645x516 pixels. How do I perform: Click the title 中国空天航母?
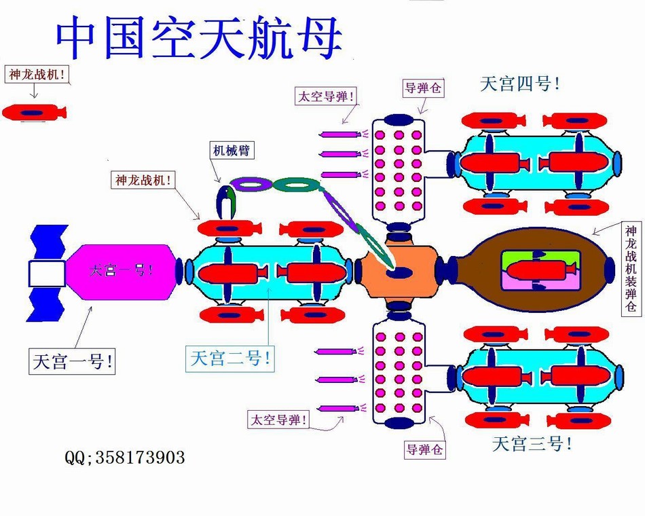click(199, 37)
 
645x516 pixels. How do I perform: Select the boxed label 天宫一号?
click(72, 361)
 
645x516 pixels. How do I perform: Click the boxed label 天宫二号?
click(230, 358)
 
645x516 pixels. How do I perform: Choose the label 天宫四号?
click(519, 84)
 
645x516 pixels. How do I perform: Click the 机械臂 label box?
click(231, 151)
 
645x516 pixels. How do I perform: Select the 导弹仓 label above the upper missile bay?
click(423, 88)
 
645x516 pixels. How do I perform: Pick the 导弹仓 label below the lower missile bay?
click(424, 449)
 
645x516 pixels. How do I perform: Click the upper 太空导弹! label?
click(326, 96)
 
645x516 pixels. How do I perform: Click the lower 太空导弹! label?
click(278, 420)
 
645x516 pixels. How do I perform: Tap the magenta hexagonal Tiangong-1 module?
click(122, 272)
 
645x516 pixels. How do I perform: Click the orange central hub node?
click(398, 272)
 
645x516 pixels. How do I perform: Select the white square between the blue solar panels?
click(47, 274)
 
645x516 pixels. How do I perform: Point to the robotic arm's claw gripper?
click(226, 202)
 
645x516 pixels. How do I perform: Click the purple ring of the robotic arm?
click(251, 185)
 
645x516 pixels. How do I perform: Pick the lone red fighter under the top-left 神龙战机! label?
click(35, 112)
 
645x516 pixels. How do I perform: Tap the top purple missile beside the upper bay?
click(341, 134)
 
